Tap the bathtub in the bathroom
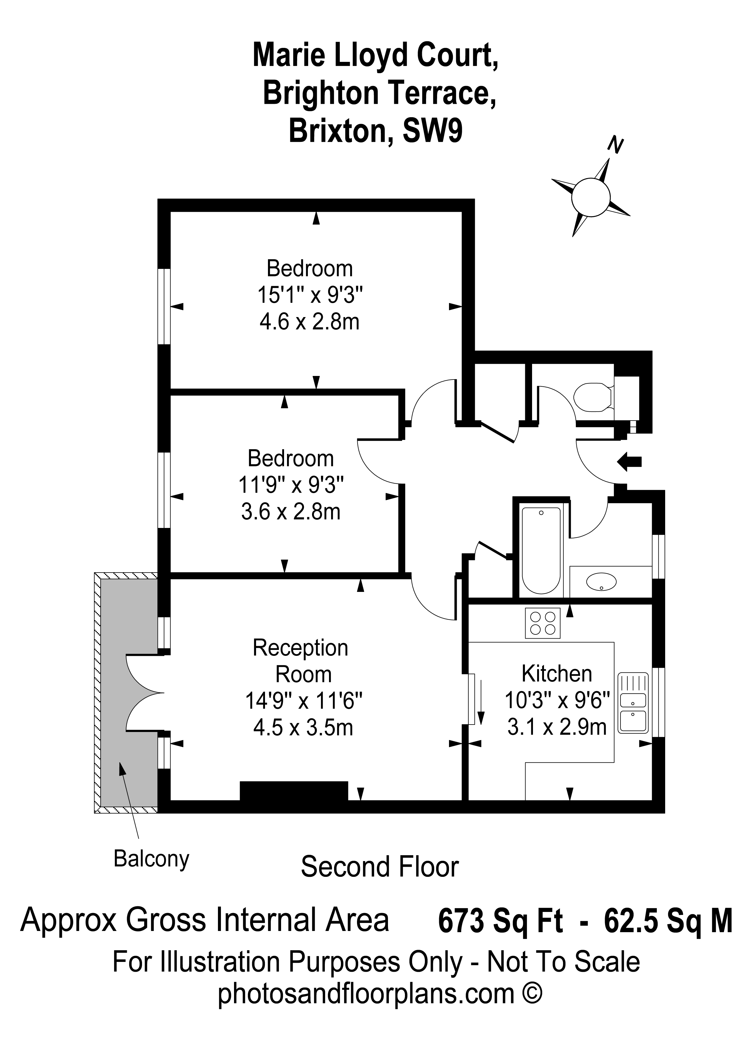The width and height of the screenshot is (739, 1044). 541,550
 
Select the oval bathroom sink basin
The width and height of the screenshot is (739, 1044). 601,581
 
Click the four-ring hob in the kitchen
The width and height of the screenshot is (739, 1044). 542,623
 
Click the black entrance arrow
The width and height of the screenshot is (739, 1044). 629,462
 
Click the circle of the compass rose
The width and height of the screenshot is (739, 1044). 590,196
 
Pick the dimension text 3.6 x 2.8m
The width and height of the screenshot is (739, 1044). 291,512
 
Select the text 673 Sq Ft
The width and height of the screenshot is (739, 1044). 500,922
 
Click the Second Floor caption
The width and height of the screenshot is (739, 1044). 380,867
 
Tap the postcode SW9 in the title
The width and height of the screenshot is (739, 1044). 432,131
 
